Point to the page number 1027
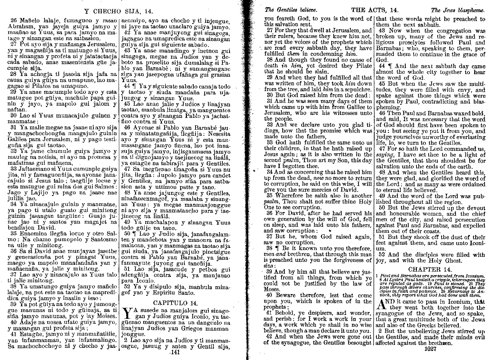click(x=430, y=349)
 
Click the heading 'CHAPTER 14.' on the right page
click(x=430, y=269)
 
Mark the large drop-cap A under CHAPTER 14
click(x=382, y=305)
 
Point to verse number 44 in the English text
click(x=381, y=66)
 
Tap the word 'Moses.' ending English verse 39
click(x=273, y=289)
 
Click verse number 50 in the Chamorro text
click(x=126, y=233)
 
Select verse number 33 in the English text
click(x=270, y=142)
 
